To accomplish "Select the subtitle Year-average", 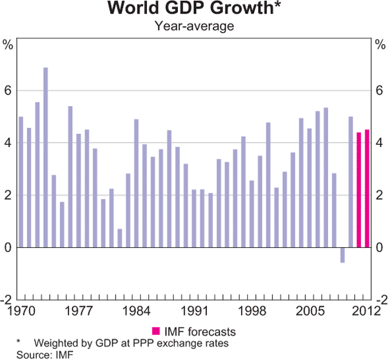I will pyautogui.click(x=193, y=27).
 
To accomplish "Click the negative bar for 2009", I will pyautogui.click(x=342, y=254).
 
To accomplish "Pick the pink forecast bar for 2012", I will pyautogui.click(x=367, y=188).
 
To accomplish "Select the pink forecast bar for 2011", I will pyautogui.click(x=359, y=190).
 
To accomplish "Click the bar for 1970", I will pyautogui.click(x=21, y=182).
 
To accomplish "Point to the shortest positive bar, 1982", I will pyautogui.click(x=120, y=238).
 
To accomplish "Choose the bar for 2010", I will pyautogui.click(x=350, y=182).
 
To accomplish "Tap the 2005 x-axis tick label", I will pyautogui.click(x=309, y=310).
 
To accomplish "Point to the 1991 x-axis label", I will pyautogui.click(x=193, y=310).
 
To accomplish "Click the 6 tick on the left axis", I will pyautogui.click(x=8, y=91).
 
